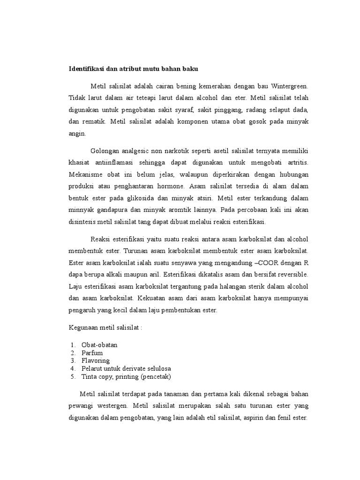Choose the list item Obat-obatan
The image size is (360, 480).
pyautogui.click(x=99, y=345)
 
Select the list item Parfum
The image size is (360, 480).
pyautogui.click(x=92, y=352)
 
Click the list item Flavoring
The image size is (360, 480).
pyautogui.click(x=96, y=360)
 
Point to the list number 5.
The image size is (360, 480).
pyautogui.click(x=73, y=376)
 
